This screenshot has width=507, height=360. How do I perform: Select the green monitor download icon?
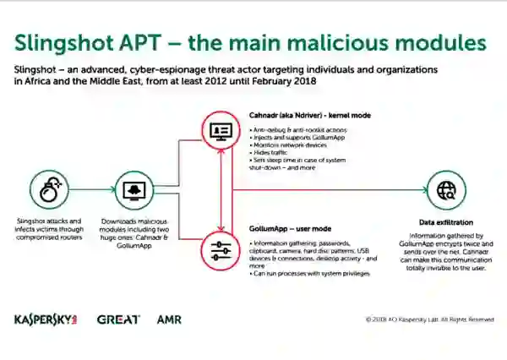coord(132,188)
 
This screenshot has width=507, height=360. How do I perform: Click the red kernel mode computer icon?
coord(221,131)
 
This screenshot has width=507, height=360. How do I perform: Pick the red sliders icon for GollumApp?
coord(221,250)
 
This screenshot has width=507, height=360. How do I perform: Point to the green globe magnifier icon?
coord(444,189)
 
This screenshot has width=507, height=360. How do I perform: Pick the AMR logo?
coord(169,320)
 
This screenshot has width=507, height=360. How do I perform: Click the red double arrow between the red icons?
coord(221,191)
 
